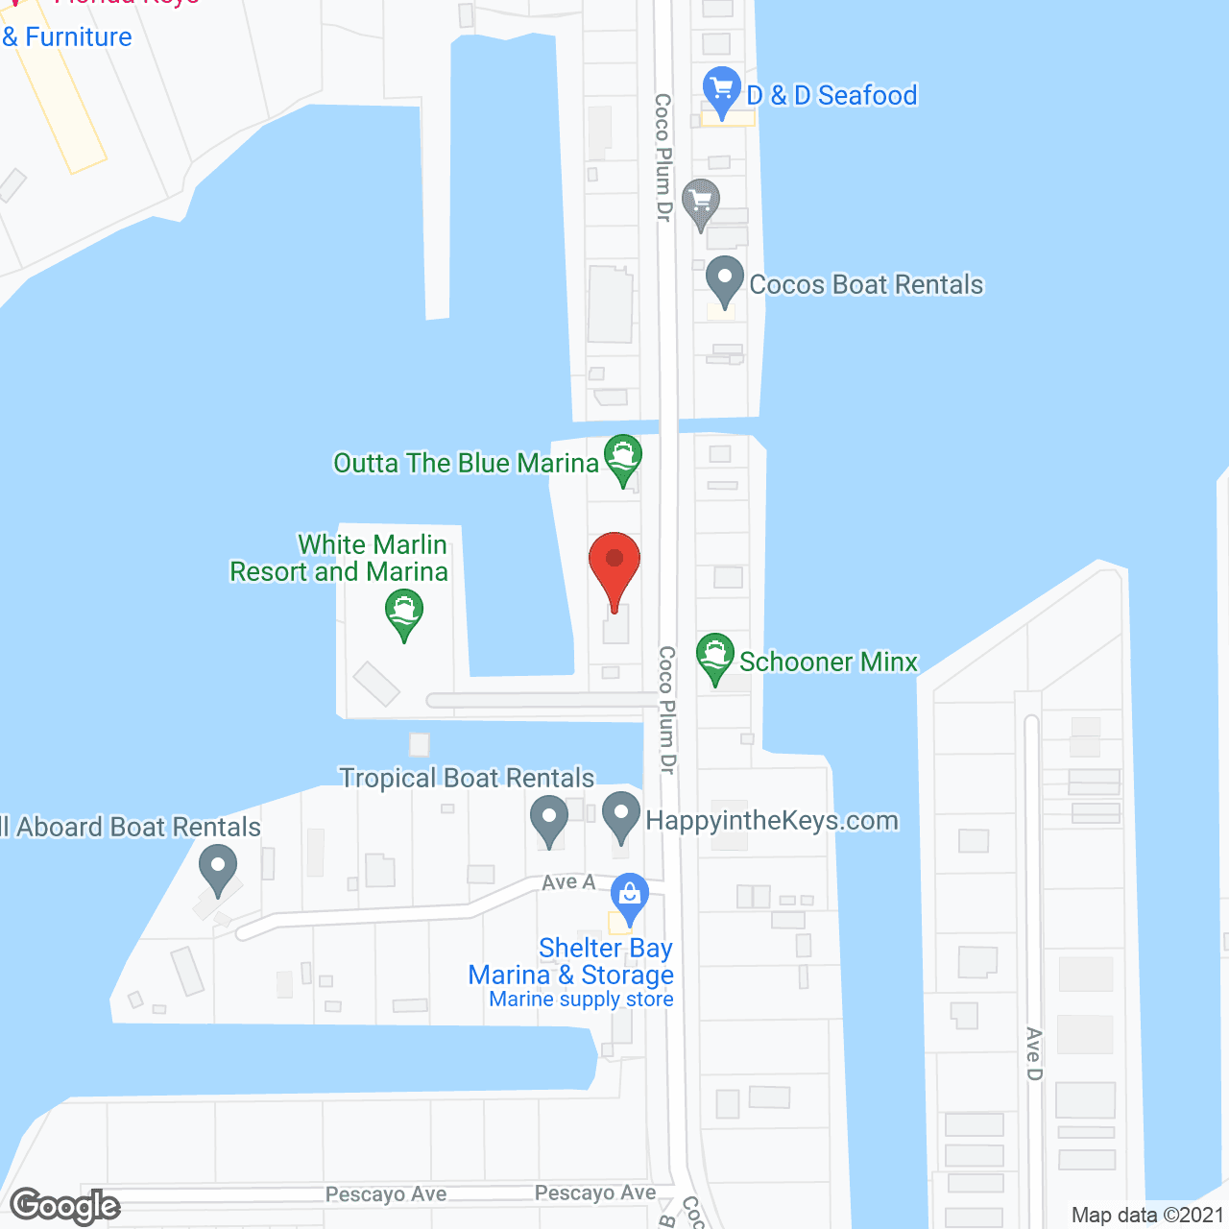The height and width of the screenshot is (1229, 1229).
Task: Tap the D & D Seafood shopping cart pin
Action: [721, 89]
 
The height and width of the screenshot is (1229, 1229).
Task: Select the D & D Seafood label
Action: [831, 95]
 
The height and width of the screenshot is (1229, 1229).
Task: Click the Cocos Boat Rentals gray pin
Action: [724, 279]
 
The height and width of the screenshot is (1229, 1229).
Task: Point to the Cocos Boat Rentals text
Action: [866, 284]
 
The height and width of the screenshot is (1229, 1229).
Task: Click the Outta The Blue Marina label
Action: [466, 463]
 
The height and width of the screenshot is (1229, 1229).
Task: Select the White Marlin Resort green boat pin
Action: [404, 613]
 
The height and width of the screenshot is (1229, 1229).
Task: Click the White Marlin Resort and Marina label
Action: [340, 558]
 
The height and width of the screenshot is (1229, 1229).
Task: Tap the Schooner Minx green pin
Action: [715, 657]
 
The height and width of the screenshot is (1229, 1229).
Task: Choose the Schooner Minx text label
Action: [829, 662]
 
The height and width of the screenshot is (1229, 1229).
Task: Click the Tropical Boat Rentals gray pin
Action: [549, 819]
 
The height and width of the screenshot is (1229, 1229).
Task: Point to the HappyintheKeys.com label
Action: [772, 820]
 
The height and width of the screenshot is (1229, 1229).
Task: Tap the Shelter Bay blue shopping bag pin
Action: [630, 897]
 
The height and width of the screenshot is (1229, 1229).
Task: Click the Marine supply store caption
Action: [581, 1000]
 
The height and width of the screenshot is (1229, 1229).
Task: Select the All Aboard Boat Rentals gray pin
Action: [218, 867]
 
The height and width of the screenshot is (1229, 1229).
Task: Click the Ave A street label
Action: [568, 881]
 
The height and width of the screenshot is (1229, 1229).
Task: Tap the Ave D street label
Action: [1033, 1053]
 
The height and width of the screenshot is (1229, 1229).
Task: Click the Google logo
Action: [65, 1206]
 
